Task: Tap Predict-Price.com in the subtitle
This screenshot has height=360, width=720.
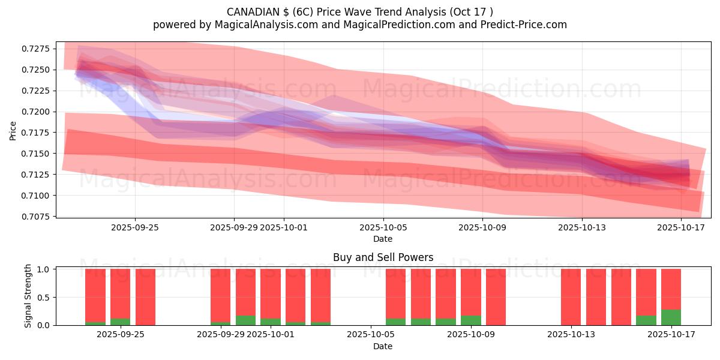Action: [524, 25]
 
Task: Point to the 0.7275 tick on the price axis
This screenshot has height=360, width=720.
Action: [35, 49]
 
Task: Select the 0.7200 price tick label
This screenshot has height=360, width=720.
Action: [35, 112]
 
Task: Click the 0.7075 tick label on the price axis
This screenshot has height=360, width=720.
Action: [35, 217]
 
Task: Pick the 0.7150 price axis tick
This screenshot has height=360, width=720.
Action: [35, 154]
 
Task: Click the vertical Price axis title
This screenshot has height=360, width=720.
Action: [13, 131]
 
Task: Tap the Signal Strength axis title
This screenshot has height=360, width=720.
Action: [28, 296]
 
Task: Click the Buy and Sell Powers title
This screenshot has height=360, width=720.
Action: [383, 257]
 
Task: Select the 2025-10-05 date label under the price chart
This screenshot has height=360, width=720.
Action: [383, 227]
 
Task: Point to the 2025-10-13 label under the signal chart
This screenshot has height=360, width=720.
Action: [571, 335]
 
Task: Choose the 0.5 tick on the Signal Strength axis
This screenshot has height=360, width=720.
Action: [43, 298]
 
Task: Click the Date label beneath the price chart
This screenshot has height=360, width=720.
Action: [383, 239]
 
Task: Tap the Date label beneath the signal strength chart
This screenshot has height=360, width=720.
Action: [383, 346]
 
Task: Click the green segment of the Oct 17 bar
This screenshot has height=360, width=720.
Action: [671, 317]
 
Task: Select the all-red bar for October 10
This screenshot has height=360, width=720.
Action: [496, 297]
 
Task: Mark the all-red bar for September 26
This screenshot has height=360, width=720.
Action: [145, 297]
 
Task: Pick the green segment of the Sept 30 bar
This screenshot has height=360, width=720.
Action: [245, 320]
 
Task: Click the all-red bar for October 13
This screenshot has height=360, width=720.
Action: [571, 297]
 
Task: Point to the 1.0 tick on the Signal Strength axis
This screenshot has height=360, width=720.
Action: [43, 269]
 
